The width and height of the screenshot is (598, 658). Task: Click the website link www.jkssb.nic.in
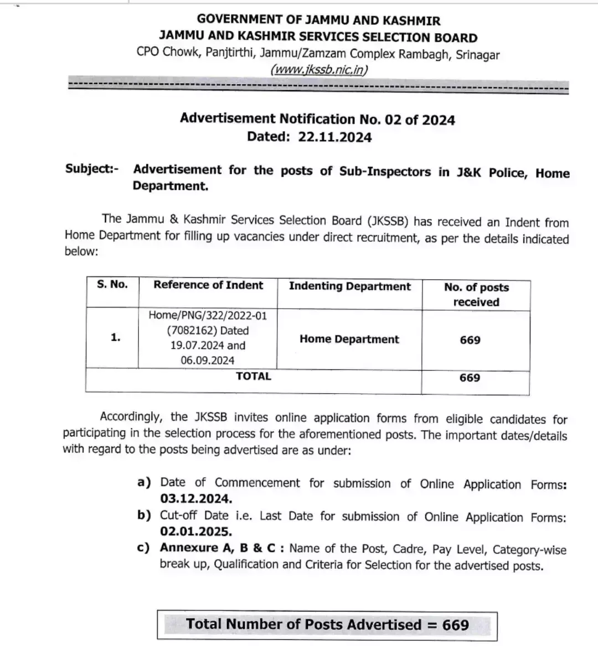319,70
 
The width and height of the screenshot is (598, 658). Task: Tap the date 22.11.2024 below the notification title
334,137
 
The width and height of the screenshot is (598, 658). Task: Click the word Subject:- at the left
92,168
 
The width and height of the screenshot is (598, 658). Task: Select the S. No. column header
112,285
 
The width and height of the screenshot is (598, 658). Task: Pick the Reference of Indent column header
208,285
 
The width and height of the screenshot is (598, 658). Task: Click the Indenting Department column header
349,286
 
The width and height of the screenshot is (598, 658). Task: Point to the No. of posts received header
476,295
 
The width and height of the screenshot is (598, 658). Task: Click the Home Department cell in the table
349,340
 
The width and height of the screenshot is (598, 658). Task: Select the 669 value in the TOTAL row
470,378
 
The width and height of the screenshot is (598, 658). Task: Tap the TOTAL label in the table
254,377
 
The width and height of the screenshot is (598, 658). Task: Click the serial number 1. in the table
115,337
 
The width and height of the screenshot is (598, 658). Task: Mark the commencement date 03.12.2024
196,499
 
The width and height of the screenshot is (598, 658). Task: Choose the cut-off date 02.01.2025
196,532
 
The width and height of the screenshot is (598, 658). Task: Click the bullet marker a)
144,482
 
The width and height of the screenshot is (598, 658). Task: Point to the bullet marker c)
143,548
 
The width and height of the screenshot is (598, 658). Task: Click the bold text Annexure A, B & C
221,548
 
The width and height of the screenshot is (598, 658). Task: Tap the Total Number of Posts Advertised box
327,625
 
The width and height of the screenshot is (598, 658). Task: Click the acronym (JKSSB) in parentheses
388,221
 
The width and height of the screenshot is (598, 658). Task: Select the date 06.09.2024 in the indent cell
208,361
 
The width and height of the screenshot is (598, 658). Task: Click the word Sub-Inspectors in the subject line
385,171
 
